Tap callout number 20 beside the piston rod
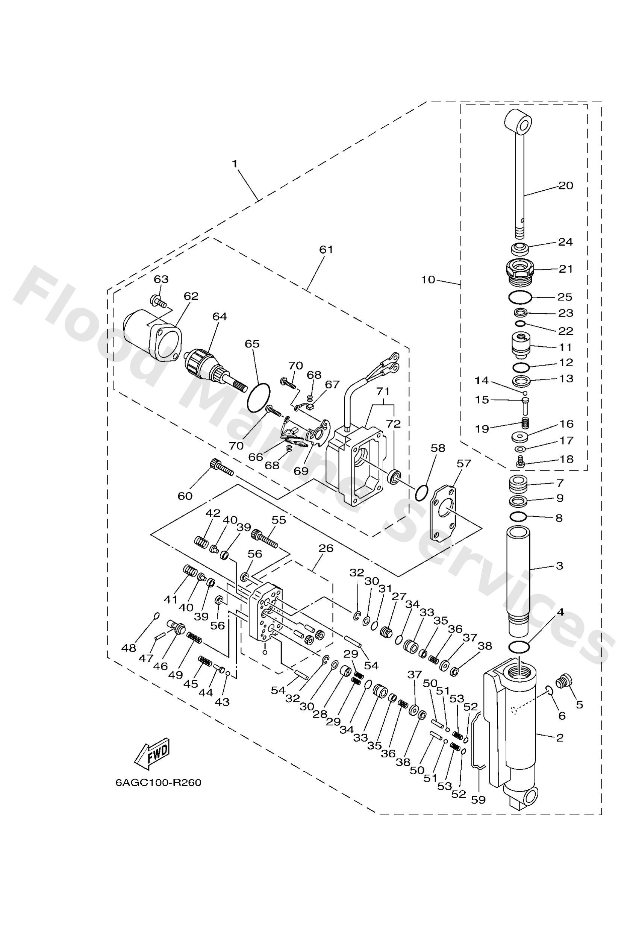pyautogui.click(x=566, y=185)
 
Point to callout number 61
pyautogui.click(x=326, y=249)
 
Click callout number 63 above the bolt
pyautogui.click(x=161, y=279)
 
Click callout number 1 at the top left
pyautogui.click(x=235, y=164)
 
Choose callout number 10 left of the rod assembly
pyautogui.click(x=428, y=279)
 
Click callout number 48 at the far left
pyautogui.click(x=129, y=648)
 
